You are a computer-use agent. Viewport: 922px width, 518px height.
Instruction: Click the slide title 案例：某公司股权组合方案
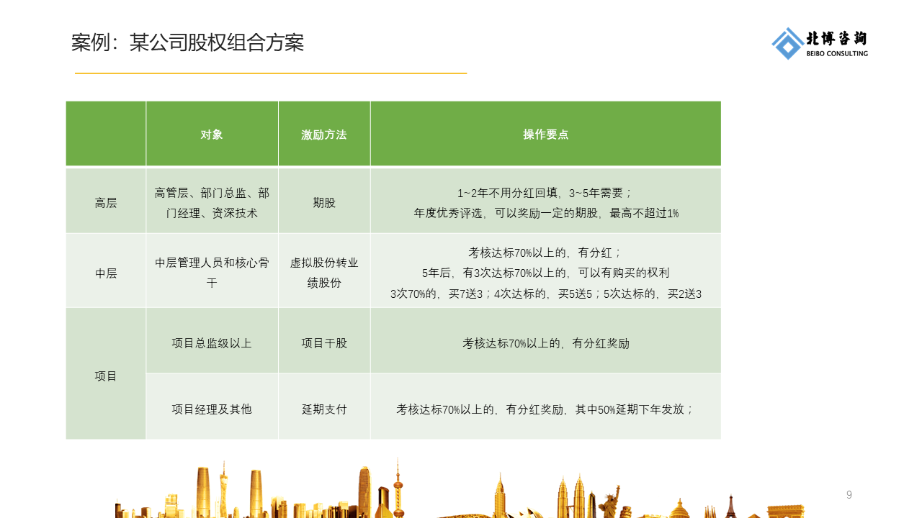point(187,43)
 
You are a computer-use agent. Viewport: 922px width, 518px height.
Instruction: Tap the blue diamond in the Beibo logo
point(787,44)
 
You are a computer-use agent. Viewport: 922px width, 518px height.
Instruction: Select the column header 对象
point(212,135)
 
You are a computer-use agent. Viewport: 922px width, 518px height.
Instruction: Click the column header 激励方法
point(324,135)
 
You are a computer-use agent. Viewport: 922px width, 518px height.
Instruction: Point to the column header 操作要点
point(545,135)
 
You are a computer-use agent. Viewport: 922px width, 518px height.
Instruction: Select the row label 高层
point(106,203)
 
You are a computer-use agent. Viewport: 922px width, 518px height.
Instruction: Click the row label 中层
point(106,273)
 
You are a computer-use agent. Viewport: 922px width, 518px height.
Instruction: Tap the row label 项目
point(106,376)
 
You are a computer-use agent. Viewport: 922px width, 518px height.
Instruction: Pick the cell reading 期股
point(324,203)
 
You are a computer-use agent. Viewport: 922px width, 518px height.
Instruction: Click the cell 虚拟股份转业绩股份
point(324,273)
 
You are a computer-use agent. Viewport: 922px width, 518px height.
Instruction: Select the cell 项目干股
point(324,343)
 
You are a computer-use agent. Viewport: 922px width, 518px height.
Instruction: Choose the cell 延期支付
point(324,409)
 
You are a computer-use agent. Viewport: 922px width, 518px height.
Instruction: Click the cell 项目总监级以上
point(212,343)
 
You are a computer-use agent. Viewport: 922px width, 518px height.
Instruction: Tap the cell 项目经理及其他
point(212,409)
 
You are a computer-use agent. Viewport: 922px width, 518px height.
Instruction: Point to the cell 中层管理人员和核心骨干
point(212,273)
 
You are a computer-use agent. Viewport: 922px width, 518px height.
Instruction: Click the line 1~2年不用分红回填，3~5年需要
point(545,193)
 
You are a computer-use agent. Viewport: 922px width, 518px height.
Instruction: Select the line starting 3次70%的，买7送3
point(545,294)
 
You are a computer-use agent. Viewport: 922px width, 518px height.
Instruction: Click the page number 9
point(849,495)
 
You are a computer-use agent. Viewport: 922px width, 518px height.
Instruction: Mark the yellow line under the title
point(271,73)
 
